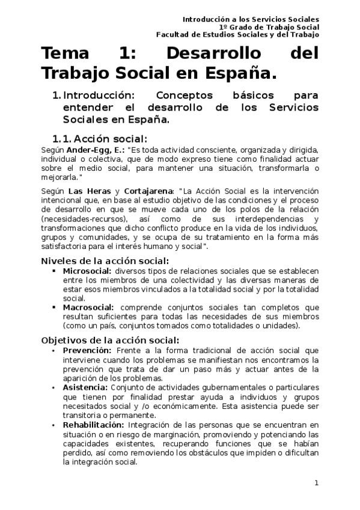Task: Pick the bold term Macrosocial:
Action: (88, 307)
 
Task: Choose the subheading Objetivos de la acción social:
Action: (110, 340)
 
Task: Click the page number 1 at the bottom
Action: (317, 483)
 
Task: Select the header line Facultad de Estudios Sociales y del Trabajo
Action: (237, 35)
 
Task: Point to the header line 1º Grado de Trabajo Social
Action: (269, 27)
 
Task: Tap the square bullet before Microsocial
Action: (54, 272)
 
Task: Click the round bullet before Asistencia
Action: (54, 389)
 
